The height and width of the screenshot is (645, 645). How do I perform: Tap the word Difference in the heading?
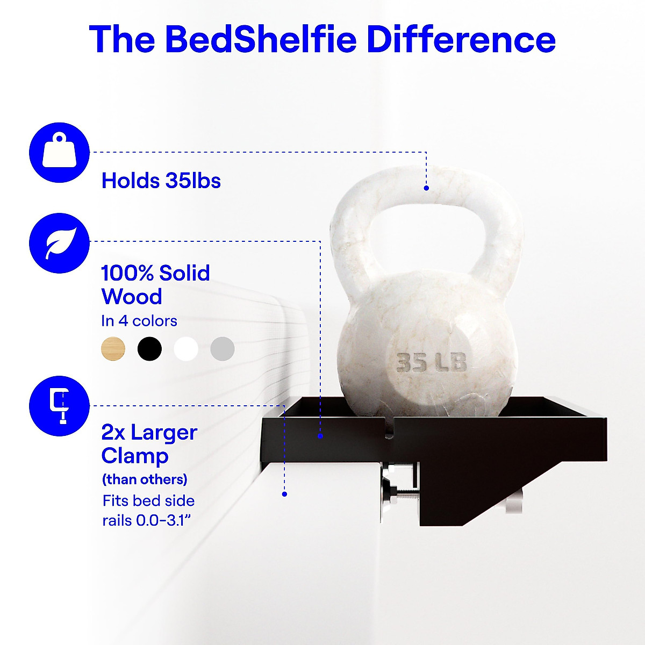click(462, 39)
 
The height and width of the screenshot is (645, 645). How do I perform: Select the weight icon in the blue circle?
click(60, 153)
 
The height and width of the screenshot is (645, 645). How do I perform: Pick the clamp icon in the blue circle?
click(60, 406)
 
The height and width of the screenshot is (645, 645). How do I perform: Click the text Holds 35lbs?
click(161, 181)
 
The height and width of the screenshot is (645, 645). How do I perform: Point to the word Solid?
click(184, 273)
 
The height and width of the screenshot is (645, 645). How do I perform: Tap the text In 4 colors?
click(139, 321)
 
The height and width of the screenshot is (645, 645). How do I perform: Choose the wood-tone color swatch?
click(113, 349)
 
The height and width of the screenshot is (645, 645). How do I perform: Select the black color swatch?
click(149, 349)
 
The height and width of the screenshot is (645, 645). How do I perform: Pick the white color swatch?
click(186, 349)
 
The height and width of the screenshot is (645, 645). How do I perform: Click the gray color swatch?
click(223, 349)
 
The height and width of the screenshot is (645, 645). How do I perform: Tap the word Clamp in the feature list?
click(135, 456)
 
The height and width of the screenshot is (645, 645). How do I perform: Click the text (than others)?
click(145, 479)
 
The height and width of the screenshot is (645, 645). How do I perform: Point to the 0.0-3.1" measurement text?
click(163, 520)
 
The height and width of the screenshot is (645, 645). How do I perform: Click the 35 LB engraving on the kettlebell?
click(431, 362)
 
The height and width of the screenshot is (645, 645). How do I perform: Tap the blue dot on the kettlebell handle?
click(426, 188)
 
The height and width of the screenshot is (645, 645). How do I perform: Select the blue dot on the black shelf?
click(320, 436)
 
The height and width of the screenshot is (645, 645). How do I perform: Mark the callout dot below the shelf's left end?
click(284, 494)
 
